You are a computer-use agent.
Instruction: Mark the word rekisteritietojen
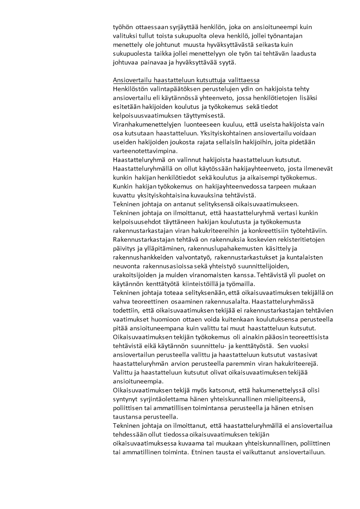[298, 240]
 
